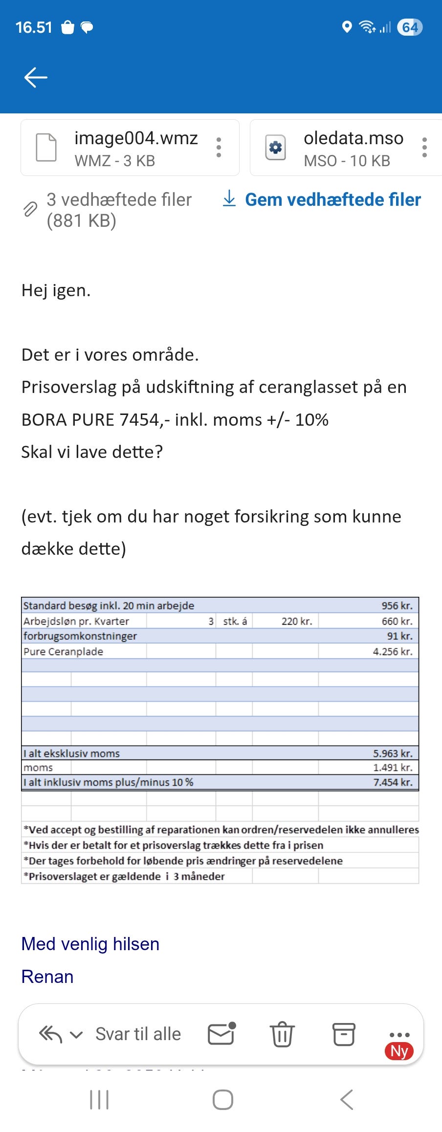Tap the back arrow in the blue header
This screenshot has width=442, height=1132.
click(36, 77)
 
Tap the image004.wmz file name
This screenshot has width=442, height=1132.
click(136, 138)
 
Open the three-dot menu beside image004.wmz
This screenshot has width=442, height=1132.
click(219, 147)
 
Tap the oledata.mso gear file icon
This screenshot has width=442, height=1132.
click(275, 147)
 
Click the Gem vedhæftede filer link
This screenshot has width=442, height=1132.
click(332, 199)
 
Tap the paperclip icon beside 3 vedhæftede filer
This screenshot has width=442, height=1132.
click(30, 209)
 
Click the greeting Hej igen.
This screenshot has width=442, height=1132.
click(56, 290)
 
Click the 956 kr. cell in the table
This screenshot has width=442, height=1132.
click(397, 606)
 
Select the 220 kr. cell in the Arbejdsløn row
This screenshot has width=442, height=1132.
click(296, 621)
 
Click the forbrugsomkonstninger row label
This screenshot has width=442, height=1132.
click(80, 636)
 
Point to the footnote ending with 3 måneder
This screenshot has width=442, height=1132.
click(124, 876)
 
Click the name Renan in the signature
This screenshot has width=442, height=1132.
click(47, 976)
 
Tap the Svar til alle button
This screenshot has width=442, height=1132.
click(138, 1034)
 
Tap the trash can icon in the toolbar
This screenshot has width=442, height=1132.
click(282, 1034)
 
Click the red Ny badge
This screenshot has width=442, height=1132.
click(399, 1050)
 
